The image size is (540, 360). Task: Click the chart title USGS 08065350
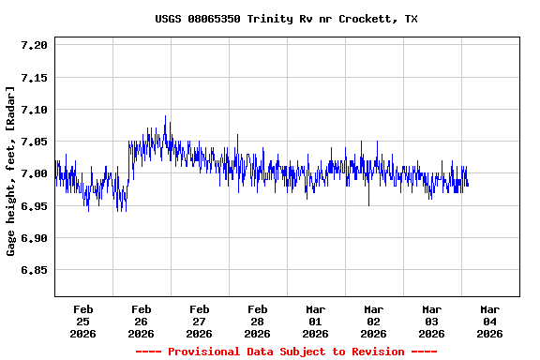coord(286,19)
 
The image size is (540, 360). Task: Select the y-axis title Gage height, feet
coord(11,171)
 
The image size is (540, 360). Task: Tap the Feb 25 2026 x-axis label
coord(82,321)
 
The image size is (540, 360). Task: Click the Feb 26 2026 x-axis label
coord(141,321)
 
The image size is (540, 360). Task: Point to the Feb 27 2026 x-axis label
coord(199,321)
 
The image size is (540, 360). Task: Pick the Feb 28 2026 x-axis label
coord(257,321)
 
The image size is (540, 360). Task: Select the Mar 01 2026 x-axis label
coord(315,321)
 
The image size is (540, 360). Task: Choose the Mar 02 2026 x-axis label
coord(373,321)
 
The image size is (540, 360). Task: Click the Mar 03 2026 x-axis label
coord(431,321)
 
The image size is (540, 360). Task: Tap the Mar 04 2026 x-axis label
coord(489,321)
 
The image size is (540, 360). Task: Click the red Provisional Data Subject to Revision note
coord(286,352)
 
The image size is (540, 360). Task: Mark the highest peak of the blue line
coord(165,116)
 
